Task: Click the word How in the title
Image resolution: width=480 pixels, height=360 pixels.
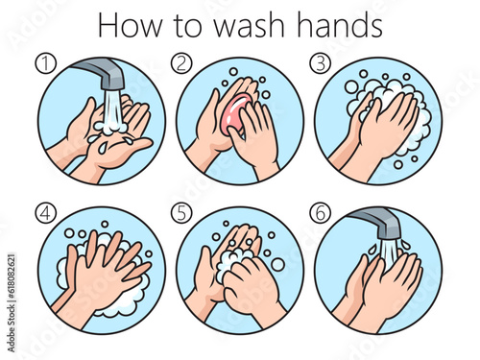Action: pyautogui.click(x=130, y=25)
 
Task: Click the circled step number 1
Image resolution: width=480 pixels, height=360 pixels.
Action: pyautogui.click(x=46, y=63)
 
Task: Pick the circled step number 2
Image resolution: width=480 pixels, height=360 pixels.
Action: pyautogui.click(x=181, y=63)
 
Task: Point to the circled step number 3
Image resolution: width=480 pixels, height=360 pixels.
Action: pyautogui.click(x=321, y=63)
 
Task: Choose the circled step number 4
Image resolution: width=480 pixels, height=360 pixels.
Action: pyautogui.click(x=46, y=213)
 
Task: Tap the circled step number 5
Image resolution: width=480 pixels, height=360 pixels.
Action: pyautogui.click(x=181, y=213)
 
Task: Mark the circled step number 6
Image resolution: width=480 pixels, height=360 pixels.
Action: pyautogui.click(x=321, y=213)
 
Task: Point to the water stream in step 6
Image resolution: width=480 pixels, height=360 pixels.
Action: pyautogui.click(x=388, y=254)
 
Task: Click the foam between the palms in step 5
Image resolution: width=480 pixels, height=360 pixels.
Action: pyautogui.click(x=232, y=262)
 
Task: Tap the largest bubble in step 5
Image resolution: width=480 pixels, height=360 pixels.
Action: pyautogui.click(x=277, y=264)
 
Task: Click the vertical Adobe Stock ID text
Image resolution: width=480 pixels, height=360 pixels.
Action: pyautogui.click(x=12, y=302)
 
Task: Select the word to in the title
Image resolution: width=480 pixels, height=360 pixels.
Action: pyautogui.click(x=188, y=27)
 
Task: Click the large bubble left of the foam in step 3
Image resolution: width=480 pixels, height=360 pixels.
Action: pyautogui.click(x=352, y=87)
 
